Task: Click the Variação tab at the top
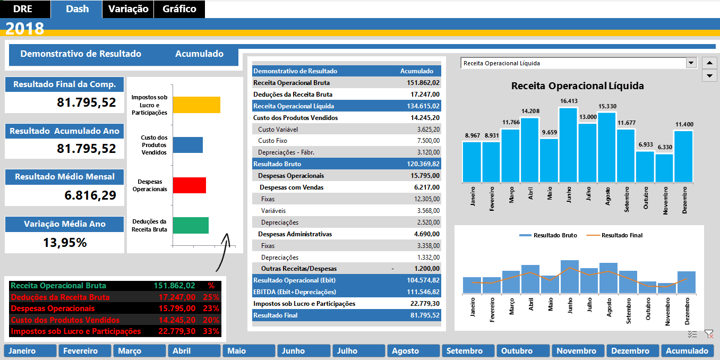coord(128,9)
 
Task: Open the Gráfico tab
coord(179,9)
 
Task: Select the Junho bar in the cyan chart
coord(569,145)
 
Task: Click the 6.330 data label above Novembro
coord(664,147)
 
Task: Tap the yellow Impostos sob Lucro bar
coord(196,105)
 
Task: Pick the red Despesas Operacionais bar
coord(189,185)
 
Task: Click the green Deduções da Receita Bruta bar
coord(191,225)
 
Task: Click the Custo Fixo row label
coord(272,141)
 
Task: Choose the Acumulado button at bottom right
coord(687,351)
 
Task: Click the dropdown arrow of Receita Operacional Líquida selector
coord(691,63)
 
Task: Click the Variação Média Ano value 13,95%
coord(64,243)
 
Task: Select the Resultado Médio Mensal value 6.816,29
coord(90,195)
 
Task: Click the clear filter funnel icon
coord(708,334)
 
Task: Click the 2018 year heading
coord(25,29)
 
